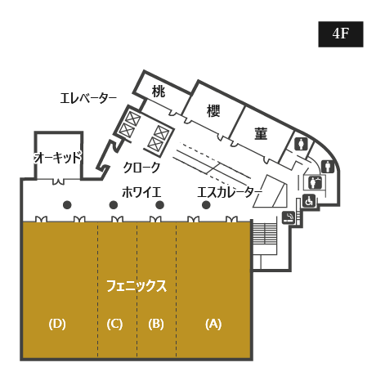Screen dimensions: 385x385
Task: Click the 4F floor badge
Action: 341,34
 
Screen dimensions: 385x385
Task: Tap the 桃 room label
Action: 159,92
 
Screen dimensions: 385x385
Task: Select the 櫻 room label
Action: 213,110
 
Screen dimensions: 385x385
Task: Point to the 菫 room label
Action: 261,133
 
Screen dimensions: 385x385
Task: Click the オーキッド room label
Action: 58,158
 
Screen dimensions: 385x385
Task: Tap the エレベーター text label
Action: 88,98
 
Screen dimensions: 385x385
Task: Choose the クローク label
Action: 141,168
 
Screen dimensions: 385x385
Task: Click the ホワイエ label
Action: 141,192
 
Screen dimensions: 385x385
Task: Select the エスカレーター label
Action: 230,192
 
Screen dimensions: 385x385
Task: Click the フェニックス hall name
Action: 137,286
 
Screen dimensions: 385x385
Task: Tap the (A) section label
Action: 213,324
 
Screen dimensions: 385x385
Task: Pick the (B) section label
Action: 156,324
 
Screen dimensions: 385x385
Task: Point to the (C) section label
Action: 114,324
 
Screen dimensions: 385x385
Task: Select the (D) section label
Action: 57,324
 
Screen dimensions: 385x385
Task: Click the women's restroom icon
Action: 301,144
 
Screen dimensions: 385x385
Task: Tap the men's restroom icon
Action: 328,167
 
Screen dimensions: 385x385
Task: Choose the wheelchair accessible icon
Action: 309,201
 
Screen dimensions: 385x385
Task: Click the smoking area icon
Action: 289,217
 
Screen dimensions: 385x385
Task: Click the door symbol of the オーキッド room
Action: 58,181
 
